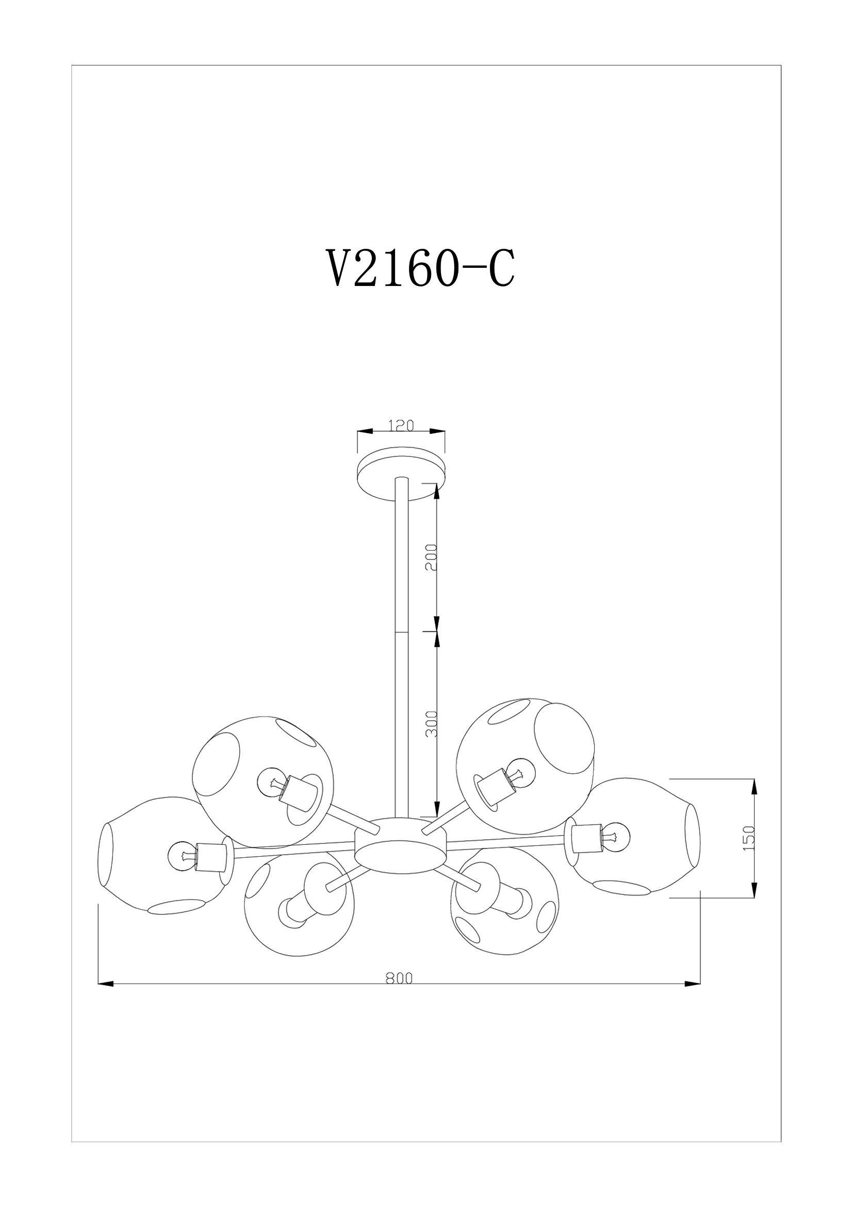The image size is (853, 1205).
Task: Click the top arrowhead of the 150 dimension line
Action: point(755,787)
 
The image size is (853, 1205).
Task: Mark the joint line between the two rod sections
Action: point(401,632)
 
